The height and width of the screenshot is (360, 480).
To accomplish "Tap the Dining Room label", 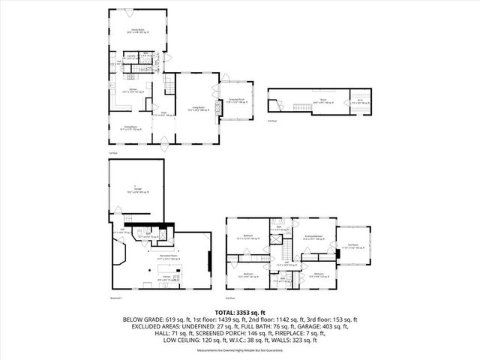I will [133, 127].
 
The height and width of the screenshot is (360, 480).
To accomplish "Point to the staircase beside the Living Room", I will [172, 86].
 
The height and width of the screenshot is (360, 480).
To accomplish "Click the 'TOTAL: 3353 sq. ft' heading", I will [240, 312].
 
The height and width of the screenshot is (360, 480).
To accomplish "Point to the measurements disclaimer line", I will [240, 350].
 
